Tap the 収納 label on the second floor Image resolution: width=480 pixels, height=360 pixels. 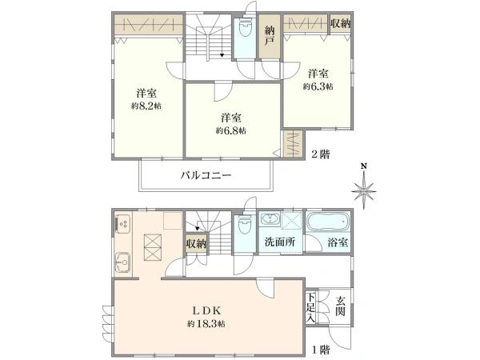[341, 23]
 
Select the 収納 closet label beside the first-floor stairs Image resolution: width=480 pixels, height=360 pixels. [197, 243]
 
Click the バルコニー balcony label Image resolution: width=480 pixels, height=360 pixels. [206, 175]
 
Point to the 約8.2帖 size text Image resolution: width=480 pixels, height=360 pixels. [147, 105]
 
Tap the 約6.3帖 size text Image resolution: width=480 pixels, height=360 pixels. [317, 86]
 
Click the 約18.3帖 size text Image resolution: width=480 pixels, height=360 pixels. [206, 324]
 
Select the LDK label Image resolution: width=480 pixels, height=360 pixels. [207, 310]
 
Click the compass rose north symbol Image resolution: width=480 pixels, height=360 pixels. [364, 191]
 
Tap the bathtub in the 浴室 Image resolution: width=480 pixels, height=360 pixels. [327, 220]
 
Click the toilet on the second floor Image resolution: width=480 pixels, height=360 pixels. [246, 31]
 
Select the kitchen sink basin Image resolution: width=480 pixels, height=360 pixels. [124, 261]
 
